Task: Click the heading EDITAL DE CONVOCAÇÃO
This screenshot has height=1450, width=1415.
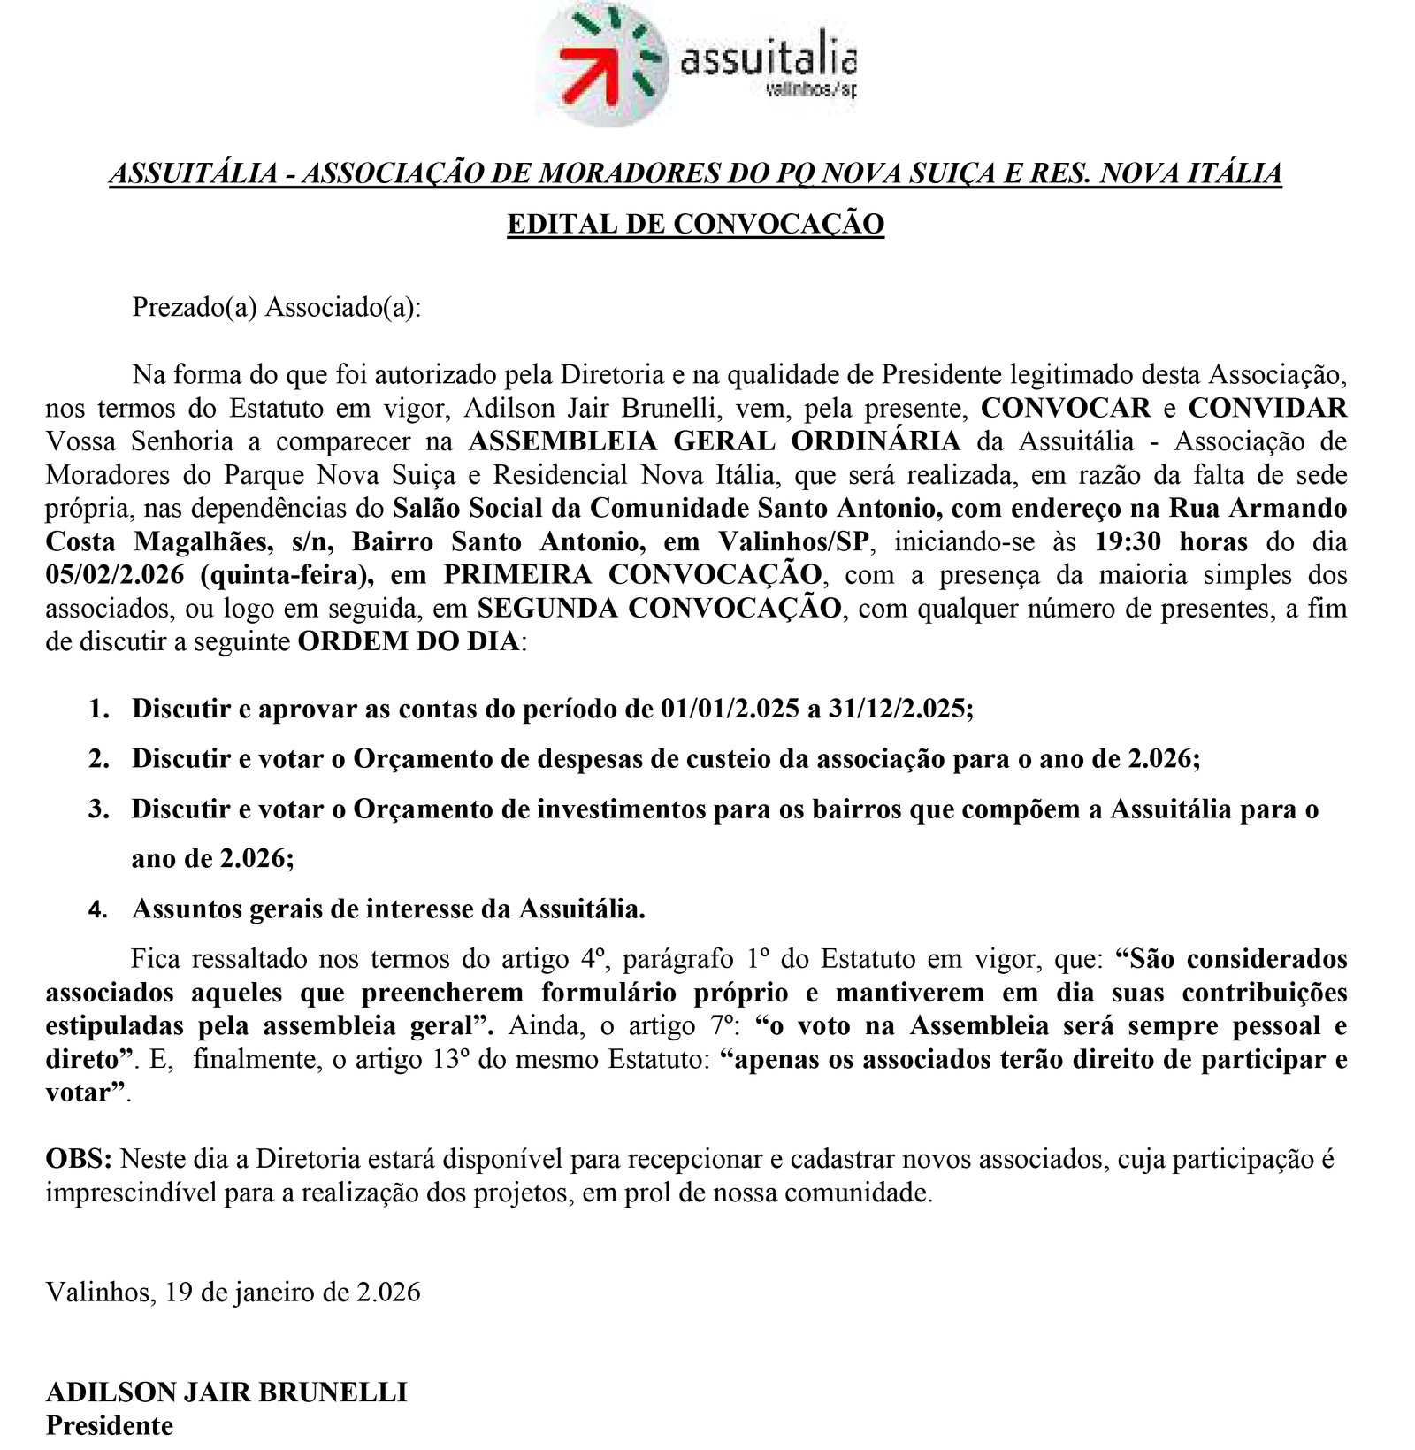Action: (695, 224)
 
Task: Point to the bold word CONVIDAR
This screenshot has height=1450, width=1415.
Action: (1267, 408)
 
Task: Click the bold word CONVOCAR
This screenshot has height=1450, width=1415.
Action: (1066, 408)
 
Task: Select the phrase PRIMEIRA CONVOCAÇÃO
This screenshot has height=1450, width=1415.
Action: (632, 575)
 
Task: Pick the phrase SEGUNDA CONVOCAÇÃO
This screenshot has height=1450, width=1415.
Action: (659, 609)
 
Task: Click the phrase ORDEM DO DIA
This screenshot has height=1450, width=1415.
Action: (409, 641)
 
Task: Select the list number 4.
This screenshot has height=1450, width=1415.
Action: (98, 909)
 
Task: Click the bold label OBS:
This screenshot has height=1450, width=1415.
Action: (79, 1159)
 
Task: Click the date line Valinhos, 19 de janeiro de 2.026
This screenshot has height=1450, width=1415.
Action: (233, 1293)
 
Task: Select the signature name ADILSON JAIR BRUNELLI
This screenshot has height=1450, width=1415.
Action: (226, 1392)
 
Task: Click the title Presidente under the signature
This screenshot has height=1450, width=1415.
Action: (110, 1426)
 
